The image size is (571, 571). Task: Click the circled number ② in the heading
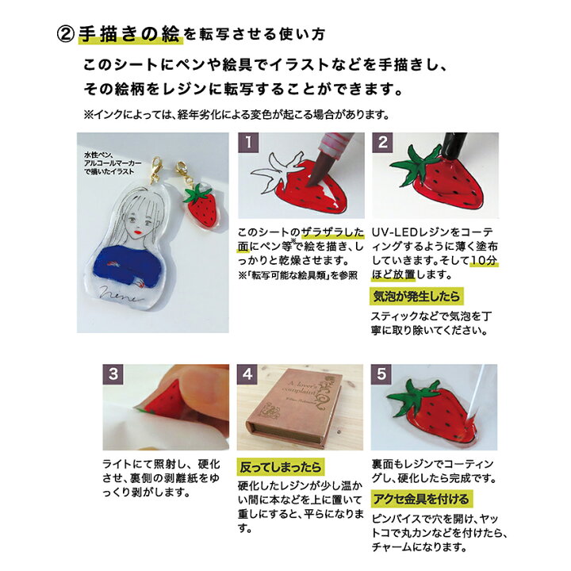(66, 34)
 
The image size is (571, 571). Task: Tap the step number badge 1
(250, 144)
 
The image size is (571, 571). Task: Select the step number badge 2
(383, 144)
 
